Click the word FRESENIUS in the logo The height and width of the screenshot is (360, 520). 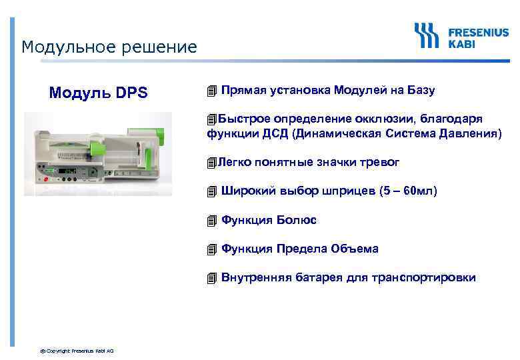(478, 31)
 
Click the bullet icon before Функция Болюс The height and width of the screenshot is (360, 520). (212, 221)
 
